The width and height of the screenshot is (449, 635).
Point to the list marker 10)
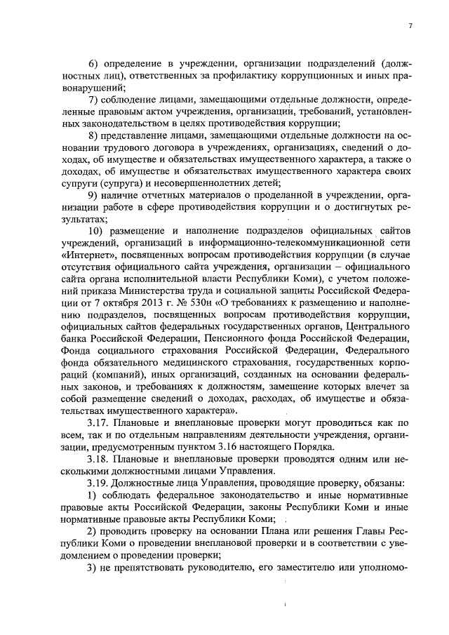[x=95, y=230]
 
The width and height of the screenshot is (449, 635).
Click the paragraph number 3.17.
[x=98, y=422]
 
